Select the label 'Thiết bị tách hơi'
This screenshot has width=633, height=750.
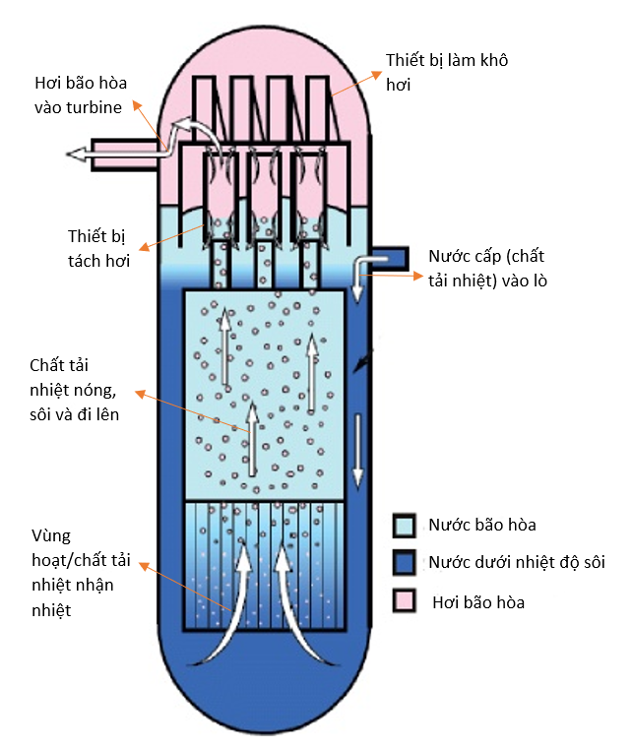tap(99, 249)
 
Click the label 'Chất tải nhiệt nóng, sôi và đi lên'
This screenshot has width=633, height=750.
tap(79, 390)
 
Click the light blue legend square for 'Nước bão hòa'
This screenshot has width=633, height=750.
tap(403, 524)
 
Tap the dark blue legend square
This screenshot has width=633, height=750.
tap(403, 562)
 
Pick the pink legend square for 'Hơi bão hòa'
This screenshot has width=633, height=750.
tap(403, 600)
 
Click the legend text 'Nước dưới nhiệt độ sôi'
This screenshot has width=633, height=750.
tap(516, 562)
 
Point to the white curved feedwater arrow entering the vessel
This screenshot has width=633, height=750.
tap(361, 265)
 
